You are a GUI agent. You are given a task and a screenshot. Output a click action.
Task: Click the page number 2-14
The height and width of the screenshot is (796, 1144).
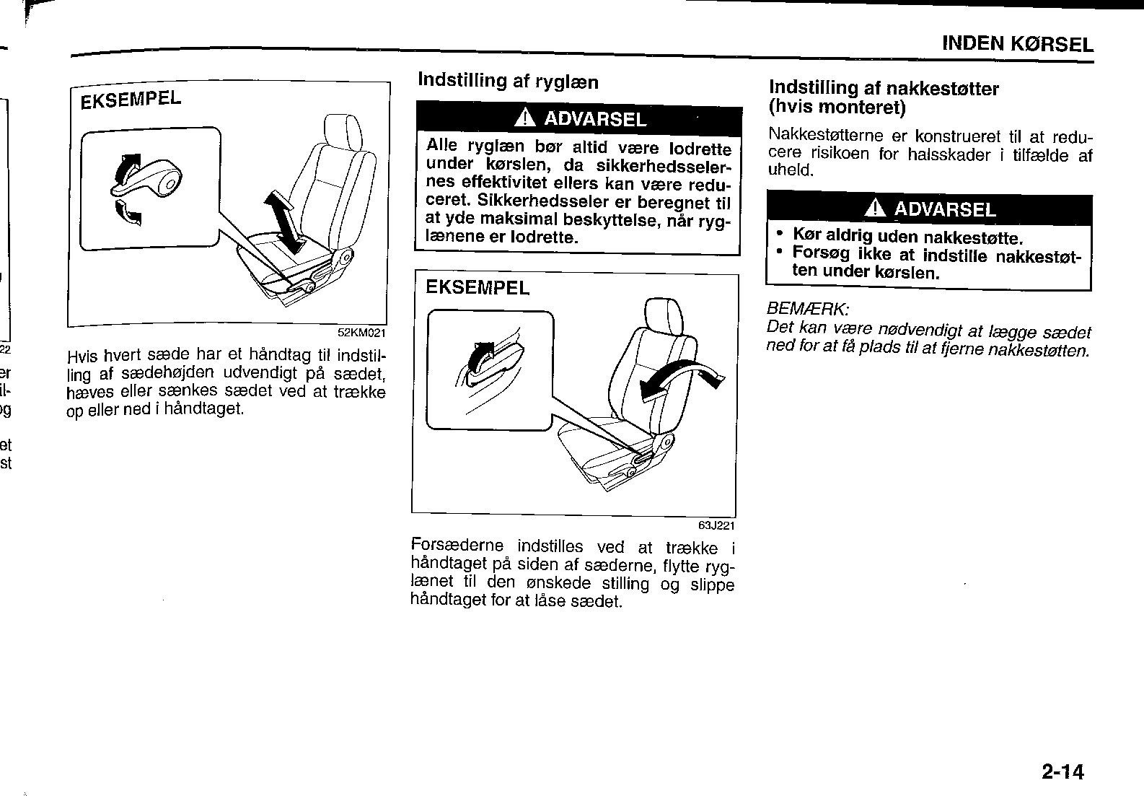(1062, 771)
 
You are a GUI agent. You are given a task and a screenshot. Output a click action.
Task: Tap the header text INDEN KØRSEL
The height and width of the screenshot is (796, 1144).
(1018, 44)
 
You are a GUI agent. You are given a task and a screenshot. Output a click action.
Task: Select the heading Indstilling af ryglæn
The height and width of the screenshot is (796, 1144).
(508, 81)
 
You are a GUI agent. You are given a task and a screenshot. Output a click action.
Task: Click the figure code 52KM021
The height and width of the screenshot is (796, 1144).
(361, 333)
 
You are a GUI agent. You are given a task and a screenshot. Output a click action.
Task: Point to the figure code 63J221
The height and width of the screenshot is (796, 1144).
(716, 525)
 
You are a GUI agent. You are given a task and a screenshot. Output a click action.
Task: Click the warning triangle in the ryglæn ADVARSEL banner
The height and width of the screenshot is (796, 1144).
(525, 118)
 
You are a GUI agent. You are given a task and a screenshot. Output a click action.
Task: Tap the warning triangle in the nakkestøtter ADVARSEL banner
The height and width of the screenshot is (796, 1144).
(876, 208)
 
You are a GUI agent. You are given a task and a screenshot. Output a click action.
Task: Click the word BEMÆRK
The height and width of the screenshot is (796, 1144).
(807, 309)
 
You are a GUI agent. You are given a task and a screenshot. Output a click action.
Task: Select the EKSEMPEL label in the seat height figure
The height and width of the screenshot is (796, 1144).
(131, 99)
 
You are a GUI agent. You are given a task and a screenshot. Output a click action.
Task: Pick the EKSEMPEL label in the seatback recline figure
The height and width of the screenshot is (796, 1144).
(478, 288)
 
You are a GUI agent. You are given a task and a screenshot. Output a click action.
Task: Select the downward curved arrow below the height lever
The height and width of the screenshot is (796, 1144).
(128, 212)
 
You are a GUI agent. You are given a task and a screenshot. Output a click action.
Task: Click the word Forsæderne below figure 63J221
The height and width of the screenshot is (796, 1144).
(457, 545)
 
